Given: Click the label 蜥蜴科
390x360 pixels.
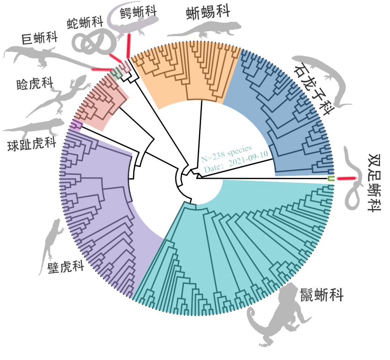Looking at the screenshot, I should tap(208, 13).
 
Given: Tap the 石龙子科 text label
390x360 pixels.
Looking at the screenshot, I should tap(316, 86).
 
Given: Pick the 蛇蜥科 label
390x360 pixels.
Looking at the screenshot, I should tap(85, 23).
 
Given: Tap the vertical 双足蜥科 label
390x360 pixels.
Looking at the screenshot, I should tap(374, 183).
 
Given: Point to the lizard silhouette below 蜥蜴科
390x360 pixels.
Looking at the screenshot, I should tap(206, 30).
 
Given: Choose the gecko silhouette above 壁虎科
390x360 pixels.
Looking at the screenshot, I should tap(51, 244).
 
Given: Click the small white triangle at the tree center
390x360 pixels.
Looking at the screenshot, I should tap(199, 176).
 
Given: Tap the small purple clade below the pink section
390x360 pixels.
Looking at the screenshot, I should tap(77, 125).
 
